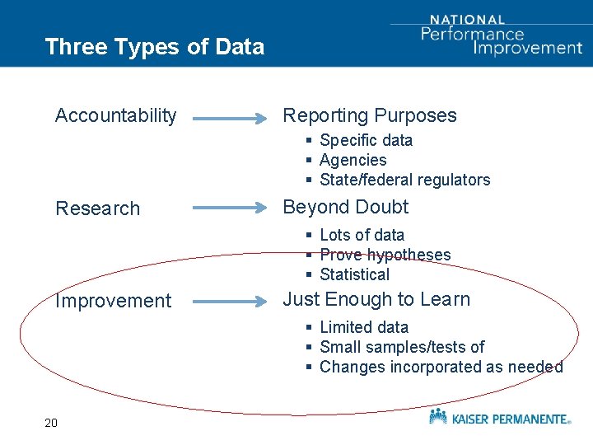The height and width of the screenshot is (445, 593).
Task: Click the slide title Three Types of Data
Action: click(155, 47)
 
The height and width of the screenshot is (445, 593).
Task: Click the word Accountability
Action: click(115, 116)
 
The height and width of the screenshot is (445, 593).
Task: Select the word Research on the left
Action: click(97, 208)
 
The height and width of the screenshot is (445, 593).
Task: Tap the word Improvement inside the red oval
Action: click(113, 301)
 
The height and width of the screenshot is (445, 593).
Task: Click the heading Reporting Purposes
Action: click(369, 115)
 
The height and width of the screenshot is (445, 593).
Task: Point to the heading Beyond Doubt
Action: click(345, 207)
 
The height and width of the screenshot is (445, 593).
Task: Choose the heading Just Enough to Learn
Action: click(376, 299)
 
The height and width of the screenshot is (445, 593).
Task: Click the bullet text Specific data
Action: click(366, 141)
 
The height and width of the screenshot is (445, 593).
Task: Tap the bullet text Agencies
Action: click(353, 161)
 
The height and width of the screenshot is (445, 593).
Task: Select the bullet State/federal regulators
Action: click(404, 180)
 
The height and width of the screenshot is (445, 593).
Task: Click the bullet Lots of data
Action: click(362, 236)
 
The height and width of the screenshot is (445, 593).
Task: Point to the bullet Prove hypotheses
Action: click(385, 255)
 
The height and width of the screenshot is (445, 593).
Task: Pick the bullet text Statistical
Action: click(354, 275)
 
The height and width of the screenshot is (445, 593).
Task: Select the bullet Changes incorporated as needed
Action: click(441, 368)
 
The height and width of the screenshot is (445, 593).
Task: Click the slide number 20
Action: click(51, 424)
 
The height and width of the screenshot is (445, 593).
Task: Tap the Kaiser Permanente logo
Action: click(499, 418)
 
